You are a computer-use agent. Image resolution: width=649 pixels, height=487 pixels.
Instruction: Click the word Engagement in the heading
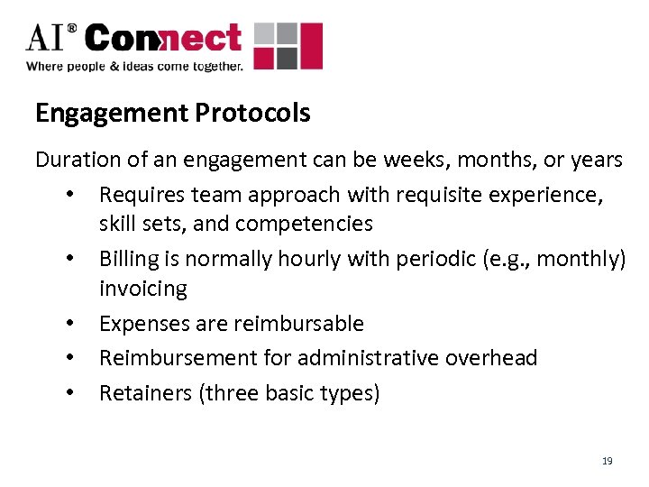(109, 114)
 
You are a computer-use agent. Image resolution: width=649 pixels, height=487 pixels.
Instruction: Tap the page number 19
(607, 461)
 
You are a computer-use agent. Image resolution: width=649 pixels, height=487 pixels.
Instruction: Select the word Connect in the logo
(165, 40)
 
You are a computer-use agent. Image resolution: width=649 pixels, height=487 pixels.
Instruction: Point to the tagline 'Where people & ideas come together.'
(135, 66)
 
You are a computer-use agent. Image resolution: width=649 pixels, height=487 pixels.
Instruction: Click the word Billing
(126, 259)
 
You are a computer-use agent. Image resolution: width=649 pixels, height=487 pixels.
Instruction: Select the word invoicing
(142, 289)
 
